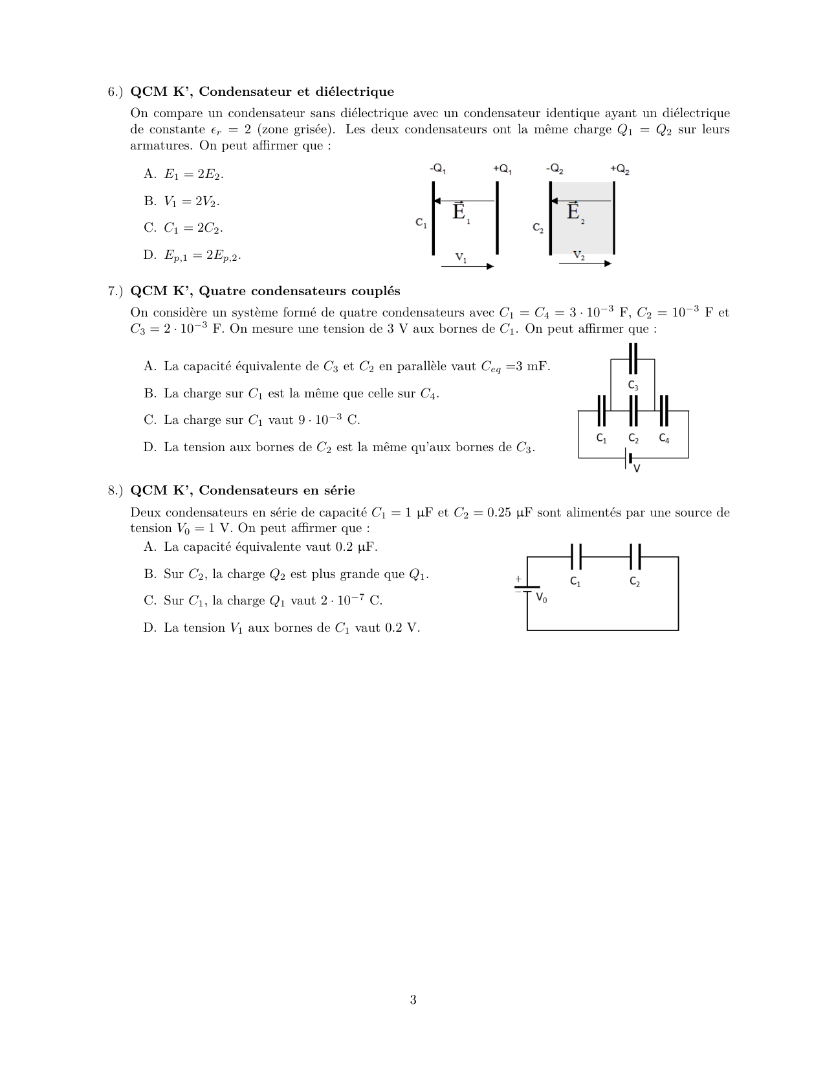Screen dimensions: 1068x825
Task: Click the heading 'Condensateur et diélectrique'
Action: point(296,92)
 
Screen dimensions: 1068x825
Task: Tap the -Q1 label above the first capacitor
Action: point(438,169)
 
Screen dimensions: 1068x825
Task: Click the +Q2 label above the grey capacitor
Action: point(620,170)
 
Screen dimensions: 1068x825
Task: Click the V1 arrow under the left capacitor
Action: point(467,265)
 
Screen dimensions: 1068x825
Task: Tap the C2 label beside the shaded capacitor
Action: point(538,228)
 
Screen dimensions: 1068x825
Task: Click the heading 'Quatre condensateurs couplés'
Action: point(299,291)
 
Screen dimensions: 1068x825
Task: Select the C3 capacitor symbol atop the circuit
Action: point(633,359)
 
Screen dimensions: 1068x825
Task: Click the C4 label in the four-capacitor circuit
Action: point(665,439)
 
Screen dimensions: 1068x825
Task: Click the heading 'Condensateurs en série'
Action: point(277,491)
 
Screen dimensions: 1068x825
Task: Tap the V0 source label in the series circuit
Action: point(542,599)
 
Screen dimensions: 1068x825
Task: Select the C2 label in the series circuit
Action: point(635,582)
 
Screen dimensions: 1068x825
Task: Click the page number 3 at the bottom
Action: point(413,1000)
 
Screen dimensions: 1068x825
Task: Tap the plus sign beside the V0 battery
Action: point(518,579)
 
